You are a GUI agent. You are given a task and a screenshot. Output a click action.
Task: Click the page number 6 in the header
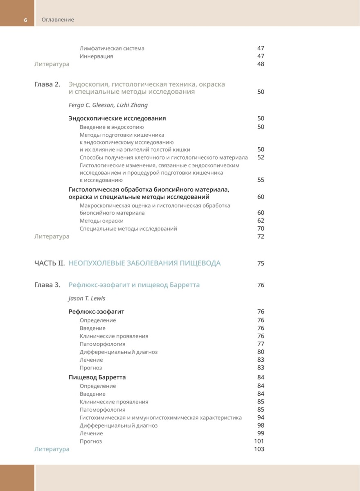(25, 20)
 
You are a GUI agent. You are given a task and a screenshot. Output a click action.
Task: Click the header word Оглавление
(58, 20)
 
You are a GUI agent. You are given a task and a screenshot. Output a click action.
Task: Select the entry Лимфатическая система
(112, 48)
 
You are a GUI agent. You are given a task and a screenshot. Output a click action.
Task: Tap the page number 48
(261, 64)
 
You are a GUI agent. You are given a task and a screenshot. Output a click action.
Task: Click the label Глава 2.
(47, 84)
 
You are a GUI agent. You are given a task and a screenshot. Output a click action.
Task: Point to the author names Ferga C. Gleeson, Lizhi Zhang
(108, 105)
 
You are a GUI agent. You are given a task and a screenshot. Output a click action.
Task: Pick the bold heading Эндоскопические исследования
(117, 118)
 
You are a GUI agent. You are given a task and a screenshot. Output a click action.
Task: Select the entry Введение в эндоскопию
(112, 127)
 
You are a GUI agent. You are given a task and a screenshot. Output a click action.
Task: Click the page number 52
(261, 158)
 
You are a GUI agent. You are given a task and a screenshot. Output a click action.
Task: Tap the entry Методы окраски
(101, 221)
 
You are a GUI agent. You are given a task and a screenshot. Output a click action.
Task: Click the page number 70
(261, 229)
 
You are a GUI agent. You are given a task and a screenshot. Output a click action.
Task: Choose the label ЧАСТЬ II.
(49, 263)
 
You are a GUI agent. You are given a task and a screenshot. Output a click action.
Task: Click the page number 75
(261, 264)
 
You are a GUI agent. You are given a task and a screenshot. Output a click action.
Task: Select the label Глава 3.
(47, 285)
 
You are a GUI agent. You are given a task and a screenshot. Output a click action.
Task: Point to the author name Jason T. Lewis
(87, 298)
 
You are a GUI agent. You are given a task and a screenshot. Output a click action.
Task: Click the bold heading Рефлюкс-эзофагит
(96, 312)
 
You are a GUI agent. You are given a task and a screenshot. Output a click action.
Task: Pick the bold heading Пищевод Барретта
(97, 377)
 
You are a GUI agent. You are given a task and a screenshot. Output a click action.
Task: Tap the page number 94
(261, 418)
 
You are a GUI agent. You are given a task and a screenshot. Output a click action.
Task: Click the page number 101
(259, 441)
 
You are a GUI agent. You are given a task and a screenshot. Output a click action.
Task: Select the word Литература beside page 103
(52, 449)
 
